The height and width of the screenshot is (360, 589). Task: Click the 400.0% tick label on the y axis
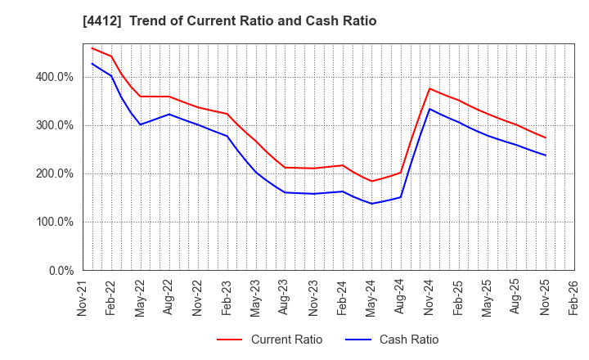[x=56, y=77]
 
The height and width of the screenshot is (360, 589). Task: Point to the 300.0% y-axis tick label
[x=56, y=125]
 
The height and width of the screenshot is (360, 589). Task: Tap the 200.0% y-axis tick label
[x=56, y=173]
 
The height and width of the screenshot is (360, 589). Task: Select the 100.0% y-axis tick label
[x=56, y=222]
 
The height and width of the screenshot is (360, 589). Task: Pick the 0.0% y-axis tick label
[x=61, y=270]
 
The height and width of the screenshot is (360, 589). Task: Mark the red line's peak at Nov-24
[x=429, y=88]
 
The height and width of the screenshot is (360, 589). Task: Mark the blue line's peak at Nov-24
[x=429, y=109]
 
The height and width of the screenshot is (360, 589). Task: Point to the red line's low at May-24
[x=371, y=182]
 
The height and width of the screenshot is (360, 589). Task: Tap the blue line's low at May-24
[x=371, y=204]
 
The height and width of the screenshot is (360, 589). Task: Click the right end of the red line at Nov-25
[x=546, y=137]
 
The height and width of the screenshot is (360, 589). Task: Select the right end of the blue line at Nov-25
[x=546, y=155]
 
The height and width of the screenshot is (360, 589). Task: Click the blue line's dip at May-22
[x=140, y=124]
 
